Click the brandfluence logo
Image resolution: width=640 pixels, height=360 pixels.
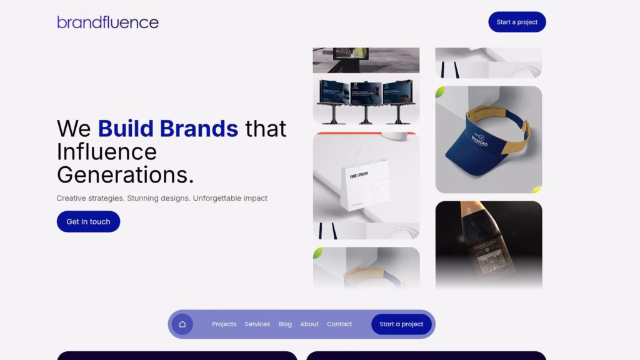[107, 22]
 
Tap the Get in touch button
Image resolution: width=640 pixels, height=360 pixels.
[88, 222]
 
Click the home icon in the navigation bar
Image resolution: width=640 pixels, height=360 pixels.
[182, 324]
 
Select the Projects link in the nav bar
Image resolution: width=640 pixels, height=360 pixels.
[224, 324]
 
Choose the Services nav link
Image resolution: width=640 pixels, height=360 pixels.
[257, 324]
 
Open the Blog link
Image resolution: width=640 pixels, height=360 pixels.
[285, 324]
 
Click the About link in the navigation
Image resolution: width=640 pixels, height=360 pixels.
[309, 324]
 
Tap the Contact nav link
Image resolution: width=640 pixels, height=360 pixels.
[339, 324]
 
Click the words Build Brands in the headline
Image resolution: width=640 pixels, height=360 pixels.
[167, 129]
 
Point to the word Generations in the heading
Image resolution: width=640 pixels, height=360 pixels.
[125, 175]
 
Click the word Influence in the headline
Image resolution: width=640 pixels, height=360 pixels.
[106, 152]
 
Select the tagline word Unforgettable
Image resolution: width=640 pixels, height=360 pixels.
[230, 198]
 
